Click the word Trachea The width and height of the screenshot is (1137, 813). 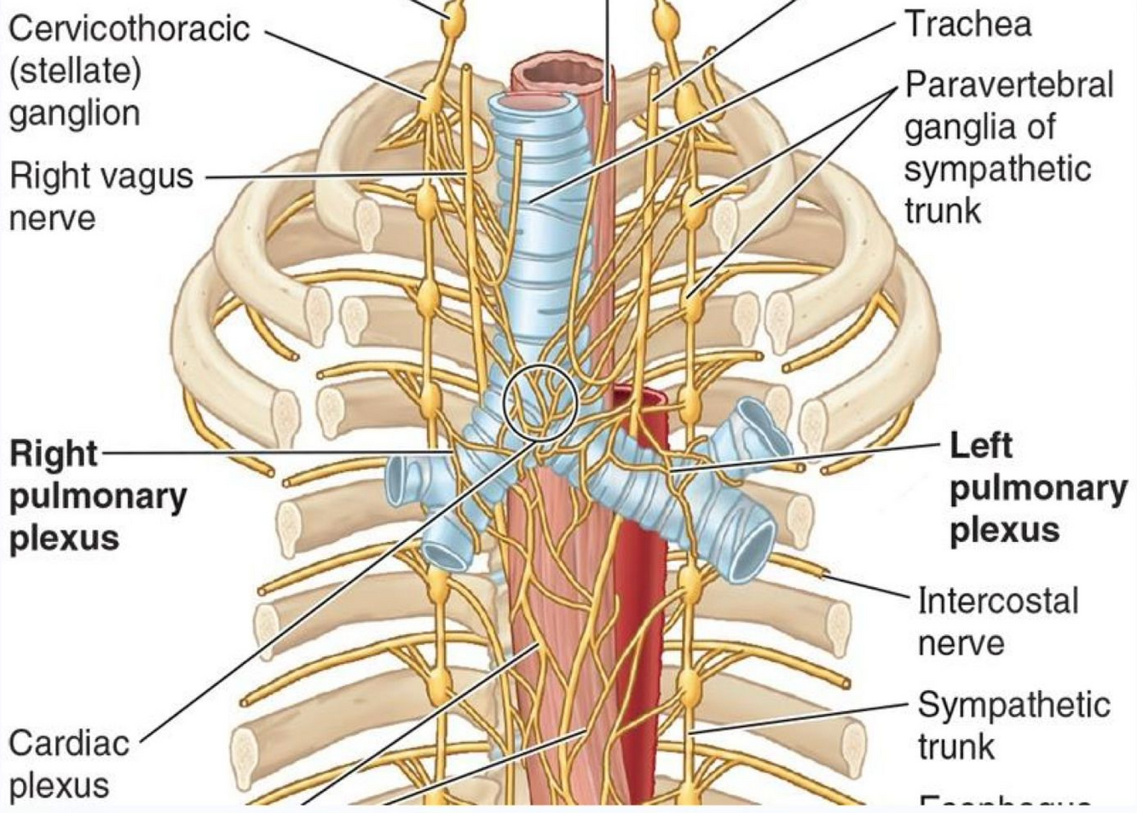click(967, 24)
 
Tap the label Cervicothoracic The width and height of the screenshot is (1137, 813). click(129, 29)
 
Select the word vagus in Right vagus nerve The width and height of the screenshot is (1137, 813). click(149, 176)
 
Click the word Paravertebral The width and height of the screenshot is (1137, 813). click(1009, 85)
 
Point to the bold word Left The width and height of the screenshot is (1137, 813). click(981, 446)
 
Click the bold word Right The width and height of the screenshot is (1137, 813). click(53, 453)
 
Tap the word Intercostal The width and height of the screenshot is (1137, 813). click(997, 601)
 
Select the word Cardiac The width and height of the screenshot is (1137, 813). click(69, 743)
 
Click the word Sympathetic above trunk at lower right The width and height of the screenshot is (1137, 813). click(1013, 705)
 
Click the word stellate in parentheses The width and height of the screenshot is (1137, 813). click(75, 72)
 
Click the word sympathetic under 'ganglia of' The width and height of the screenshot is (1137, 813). click(997, 169)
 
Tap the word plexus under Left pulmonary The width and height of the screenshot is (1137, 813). click(1004, 530)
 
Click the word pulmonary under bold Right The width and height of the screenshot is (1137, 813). click(97, 496)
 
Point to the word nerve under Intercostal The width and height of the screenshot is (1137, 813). click(961, 643)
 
